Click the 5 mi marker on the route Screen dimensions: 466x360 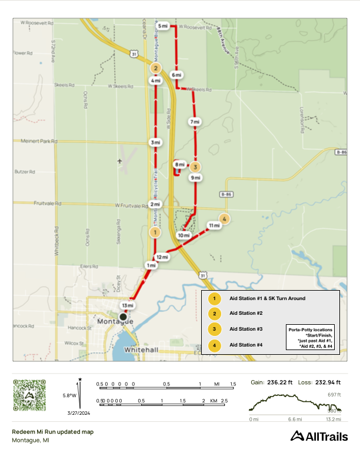[x=163, y=27]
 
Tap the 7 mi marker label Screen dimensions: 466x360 [x=195, y=122]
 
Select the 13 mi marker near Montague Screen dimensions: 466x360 [x=128, y=306]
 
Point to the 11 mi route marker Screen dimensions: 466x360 [x=214, y=225]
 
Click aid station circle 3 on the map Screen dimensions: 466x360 [x=196, y=166]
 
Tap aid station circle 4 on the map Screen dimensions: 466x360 [x=224, y=219]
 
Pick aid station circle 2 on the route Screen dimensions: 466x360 [x=155, y=68]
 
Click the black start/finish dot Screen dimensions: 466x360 [x=123, y=317]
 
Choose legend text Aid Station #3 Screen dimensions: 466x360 [x=246, y=329]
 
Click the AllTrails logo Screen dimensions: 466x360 [x=319, y=436]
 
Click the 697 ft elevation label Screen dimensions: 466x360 [x=335, y=394]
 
